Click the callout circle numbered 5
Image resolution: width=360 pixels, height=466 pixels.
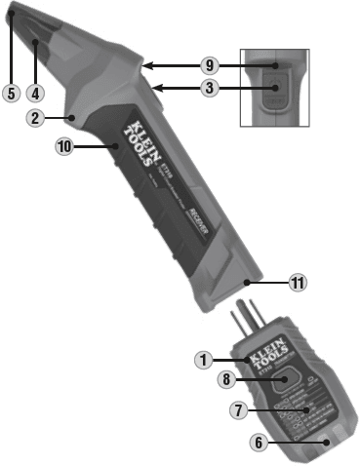(x=10, y=94)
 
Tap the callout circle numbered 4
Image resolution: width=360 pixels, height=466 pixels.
(x=35, y=94)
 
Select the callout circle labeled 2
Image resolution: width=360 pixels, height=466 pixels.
(x=34, y=119)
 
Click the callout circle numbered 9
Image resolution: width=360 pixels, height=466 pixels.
(x=207, y=66)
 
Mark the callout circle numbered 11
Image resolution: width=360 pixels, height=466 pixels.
(x=299, y=283)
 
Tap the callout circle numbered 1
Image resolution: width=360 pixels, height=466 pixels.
(x=203, y=359)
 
